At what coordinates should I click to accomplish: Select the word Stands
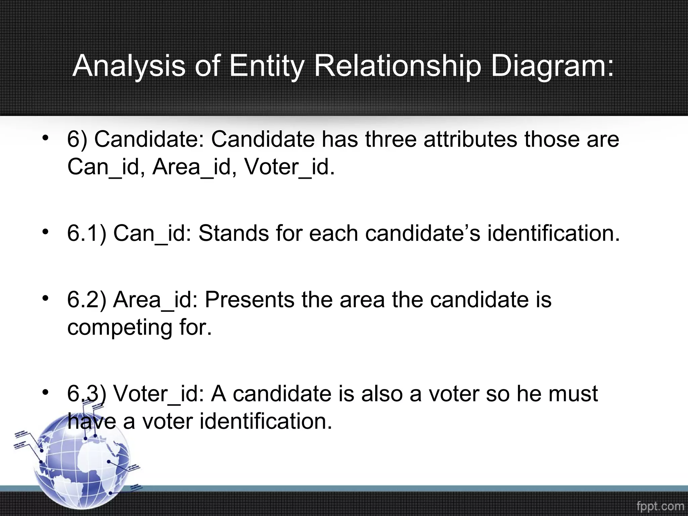tap(233, 233)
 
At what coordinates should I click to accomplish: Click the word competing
tap(120, 327)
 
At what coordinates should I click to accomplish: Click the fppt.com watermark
tap(660, 506)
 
